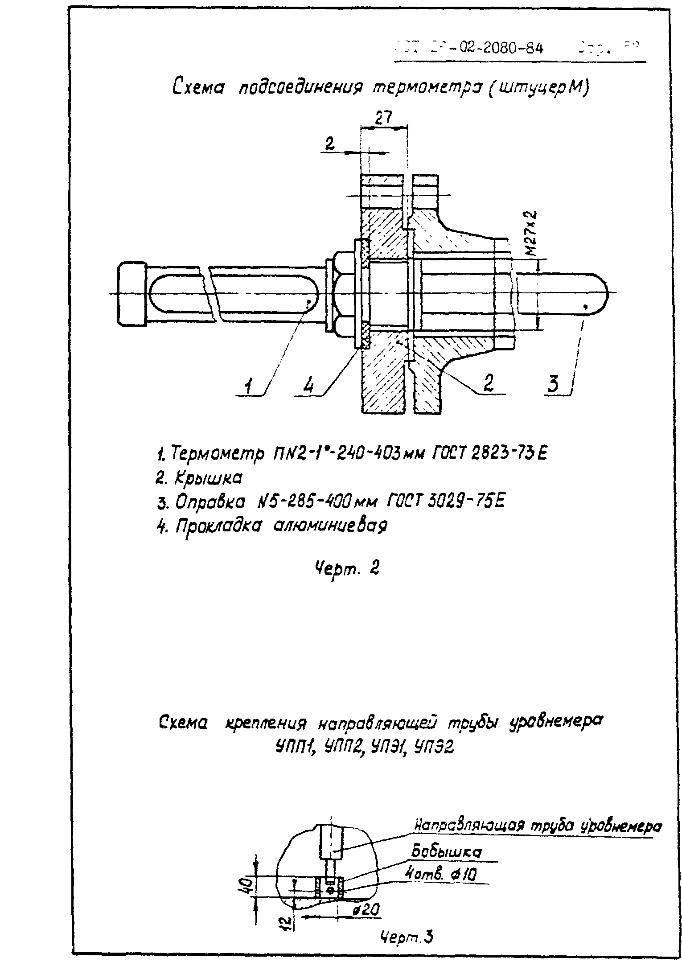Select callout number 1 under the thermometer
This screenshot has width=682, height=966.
tap(249, 384)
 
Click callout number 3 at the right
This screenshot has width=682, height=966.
tap(553, 383)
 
